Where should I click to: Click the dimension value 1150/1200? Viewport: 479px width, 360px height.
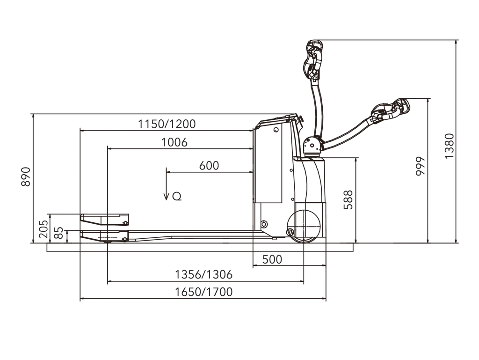coord(167,124)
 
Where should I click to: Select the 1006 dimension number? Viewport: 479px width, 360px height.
coord(174,142)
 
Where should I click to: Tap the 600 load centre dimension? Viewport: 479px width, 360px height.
coord(209,166)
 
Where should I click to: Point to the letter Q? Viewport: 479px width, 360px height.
coord(177,196)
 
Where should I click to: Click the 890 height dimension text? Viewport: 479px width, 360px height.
coord(26,176)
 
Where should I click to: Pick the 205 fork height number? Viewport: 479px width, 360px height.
coord(44,229)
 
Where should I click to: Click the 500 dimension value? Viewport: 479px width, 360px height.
coord(272,259)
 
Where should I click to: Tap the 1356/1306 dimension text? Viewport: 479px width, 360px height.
coord(203,274)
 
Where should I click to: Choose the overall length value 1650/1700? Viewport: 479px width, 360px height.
coord(203,292)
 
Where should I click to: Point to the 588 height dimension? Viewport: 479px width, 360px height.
coord(348,200)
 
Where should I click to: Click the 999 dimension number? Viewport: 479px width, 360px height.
coord(421,166)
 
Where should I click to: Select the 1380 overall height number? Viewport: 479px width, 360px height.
coord(450,146)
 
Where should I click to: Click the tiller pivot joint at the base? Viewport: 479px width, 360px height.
coord(312,146)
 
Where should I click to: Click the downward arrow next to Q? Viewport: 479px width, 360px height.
coord(166,184)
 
